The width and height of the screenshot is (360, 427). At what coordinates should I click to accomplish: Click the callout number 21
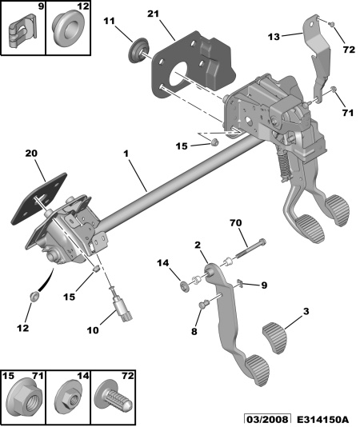pyautogui.click(x=154, y=14)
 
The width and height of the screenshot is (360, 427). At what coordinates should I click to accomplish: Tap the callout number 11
pyautogui.click(x=110, y=21)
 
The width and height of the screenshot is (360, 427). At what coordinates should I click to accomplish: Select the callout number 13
pyautogui.click(x=274, y=37)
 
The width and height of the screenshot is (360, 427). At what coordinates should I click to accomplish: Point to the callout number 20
pyautogui.click(x=31, y=154)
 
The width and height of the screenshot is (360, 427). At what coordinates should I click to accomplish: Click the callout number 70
pyautogui.click(x=236, y=223)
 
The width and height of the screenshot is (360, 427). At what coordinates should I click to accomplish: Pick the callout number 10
pyautogui.click(x=93, y=330)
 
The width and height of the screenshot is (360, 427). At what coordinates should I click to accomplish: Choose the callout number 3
pyautogui.click(x=306, y=311)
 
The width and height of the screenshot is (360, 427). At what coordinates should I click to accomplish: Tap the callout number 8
pyautogui.click(x=194, y=331)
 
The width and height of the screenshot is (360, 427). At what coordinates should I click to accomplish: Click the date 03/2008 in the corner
pyautogui.click(x=266, y=419)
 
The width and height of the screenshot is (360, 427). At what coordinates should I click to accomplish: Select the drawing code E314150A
pyautogui.click(x=322, y=419)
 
